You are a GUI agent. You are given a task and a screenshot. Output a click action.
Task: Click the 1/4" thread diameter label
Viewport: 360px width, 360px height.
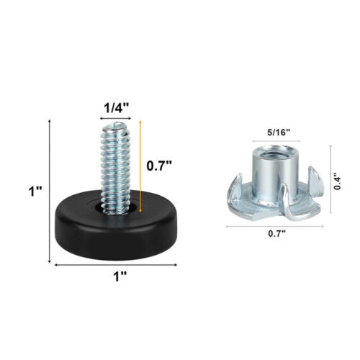click(x=116, y=108)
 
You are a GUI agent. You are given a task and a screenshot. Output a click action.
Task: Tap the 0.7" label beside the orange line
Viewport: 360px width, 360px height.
click(x=159, y=166)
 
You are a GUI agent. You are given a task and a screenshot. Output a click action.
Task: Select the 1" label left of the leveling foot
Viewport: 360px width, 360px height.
click(x=35, y=192)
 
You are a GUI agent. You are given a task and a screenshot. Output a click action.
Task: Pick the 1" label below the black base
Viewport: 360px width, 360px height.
click(x=120, y=276)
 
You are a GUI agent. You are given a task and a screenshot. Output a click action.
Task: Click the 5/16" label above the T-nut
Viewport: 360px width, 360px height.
click(x=279, y=132)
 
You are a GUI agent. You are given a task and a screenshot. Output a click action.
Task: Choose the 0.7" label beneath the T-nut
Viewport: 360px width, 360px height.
click(x=277, y=233)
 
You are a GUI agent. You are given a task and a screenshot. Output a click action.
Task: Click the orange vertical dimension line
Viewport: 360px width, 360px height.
click(x=140, y=166)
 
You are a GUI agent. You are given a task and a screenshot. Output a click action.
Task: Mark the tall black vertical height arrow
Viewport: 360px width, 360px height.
click(x=50, y=192)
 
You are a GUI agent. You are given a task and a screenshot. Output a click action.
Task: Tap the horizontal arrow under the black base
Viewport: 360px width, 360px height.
click(x=116, y=265)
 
